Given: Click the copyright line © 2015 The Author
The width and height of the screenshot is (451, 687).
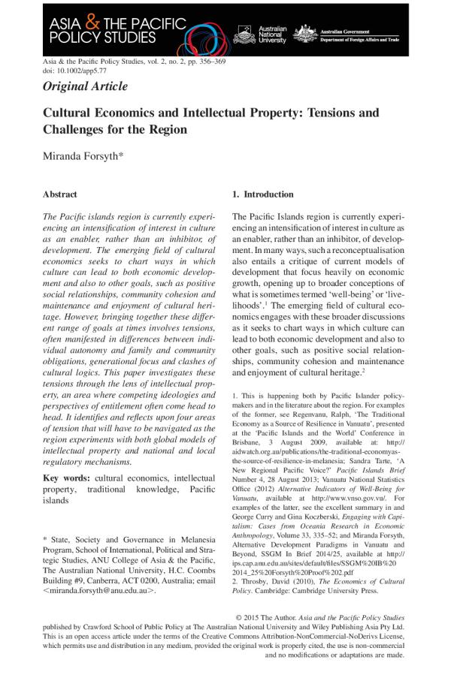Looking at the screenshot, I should coord(280,617).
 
